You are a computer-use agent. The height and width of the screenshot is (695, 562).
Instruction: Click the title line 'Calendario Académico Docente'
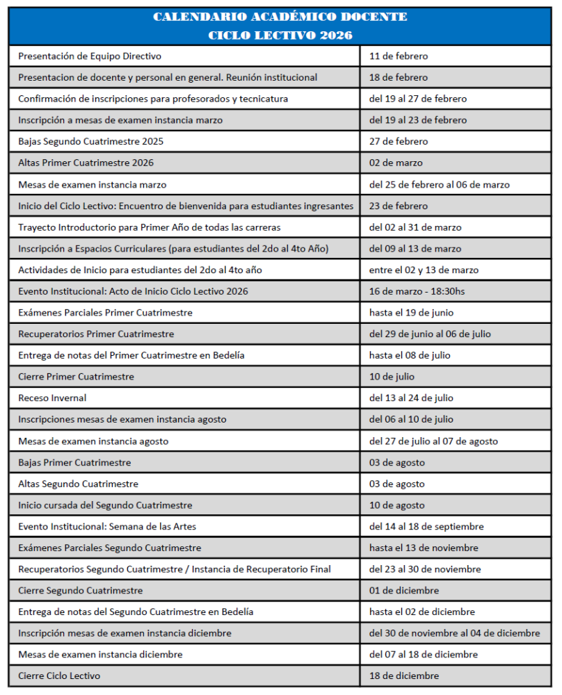(280, 17)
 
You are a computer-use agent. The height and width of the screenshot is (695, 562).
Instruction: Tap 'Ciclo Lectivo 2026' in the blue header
(280, 35)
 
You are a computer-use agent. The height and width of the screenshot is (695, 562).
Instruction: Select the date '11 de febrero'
(399, 56)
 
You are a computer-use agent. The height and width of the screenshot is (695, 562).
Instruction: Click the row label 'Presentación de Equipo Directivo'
(90, 56)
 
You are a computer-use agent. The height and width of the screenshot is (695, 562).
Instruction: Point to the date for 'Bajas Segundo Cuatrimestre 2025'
(399, 142)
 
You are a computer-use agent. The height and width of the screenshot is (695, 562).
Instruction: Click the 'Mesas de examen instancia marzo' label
(93, 185)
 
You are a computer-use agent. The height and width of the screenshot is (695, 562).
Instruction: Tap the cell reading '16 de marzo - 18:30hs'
(417, 291)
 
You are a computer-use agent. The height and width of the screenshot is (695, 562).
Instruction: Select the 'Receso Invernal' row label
(52, 398)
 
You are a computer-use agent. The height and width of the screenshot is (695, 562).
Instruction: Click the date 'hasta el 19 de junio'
(411, 313)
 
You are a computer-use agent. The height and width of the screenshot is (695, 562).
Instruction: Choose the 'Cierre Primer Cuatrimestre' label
(76, 377)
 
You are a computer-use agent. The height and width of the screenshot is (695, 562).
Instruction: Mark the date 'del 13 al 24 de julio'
(411, 398)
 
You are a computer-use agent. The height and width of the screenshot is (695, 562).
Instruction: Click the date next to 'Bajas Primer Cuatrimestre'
(397, 463)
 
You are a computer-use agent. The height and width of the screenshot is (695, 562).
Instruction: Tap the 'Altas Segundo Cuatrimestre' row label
(78, 484)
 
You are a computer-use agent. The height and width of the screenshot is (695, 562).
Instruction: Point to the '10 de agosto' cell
(397, 505)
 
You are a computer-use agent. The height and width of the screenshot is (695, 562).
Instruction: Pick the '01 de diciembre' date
(404, 591)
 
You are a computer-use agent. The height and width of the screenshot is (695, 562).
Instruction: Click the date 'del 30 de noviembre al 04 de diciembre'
(454, 633)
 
